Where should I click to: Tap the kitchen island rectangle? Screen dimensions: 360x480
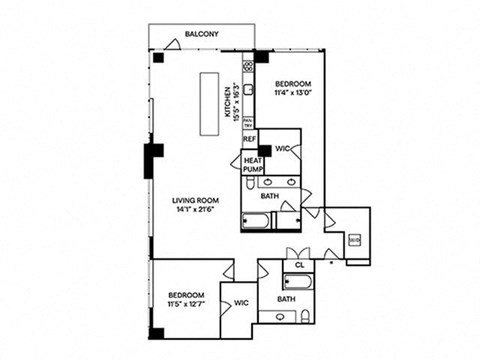(x=212, y=102)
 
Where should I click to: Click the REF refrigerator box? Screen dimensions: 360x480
(x=249, y=139)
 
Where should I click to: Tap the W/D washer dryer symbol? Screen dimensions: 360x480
(x=354, y=241)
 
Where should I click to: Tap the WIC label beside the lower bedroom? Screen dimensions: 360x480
(x=241, y=300)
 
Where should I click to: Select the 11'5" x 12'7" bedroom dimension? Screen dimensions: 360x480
(x=186, y=305)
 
